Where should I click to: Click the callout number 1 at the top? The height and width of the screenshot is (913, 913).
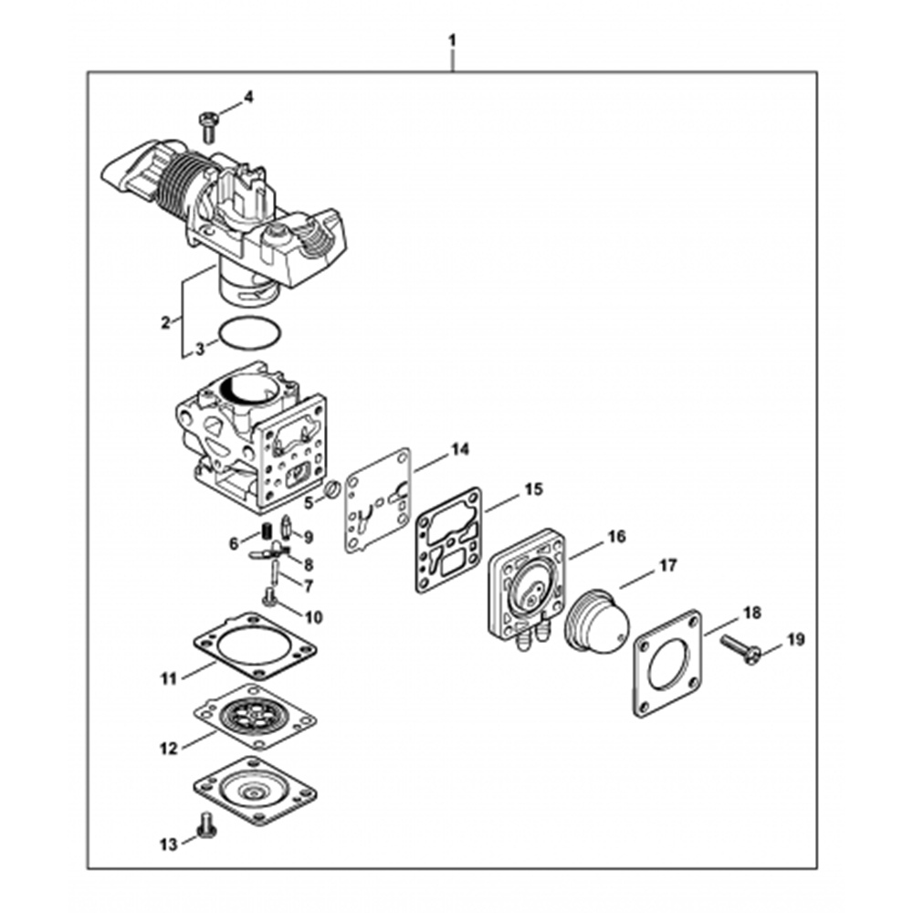click(453, 40)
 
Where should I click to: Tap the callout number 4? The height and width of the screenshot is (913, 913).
click(248, 97)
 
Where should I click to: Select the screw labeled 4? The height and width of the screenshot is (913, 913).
click(206, 126)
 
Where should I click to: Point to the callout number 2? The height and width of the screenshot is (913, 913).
click(166, 321)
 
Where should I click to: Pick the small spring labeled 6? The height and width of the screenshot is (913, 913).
click(268, 531)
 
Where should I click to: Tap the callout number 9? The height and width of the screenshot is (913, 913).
click(308, 537)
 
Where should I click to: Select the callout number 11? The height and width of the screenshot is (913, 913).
click(167, 678)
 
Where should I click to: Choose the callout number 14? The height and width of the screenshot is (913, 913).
click(459, 449)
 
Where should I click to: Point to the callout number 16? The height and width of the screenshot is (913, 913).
click(616, 536)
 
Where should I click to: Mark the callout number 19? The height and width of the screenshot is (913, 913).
click(796, 639)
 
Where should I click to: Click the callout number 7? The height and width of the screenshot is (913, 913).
click(308, 585)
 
